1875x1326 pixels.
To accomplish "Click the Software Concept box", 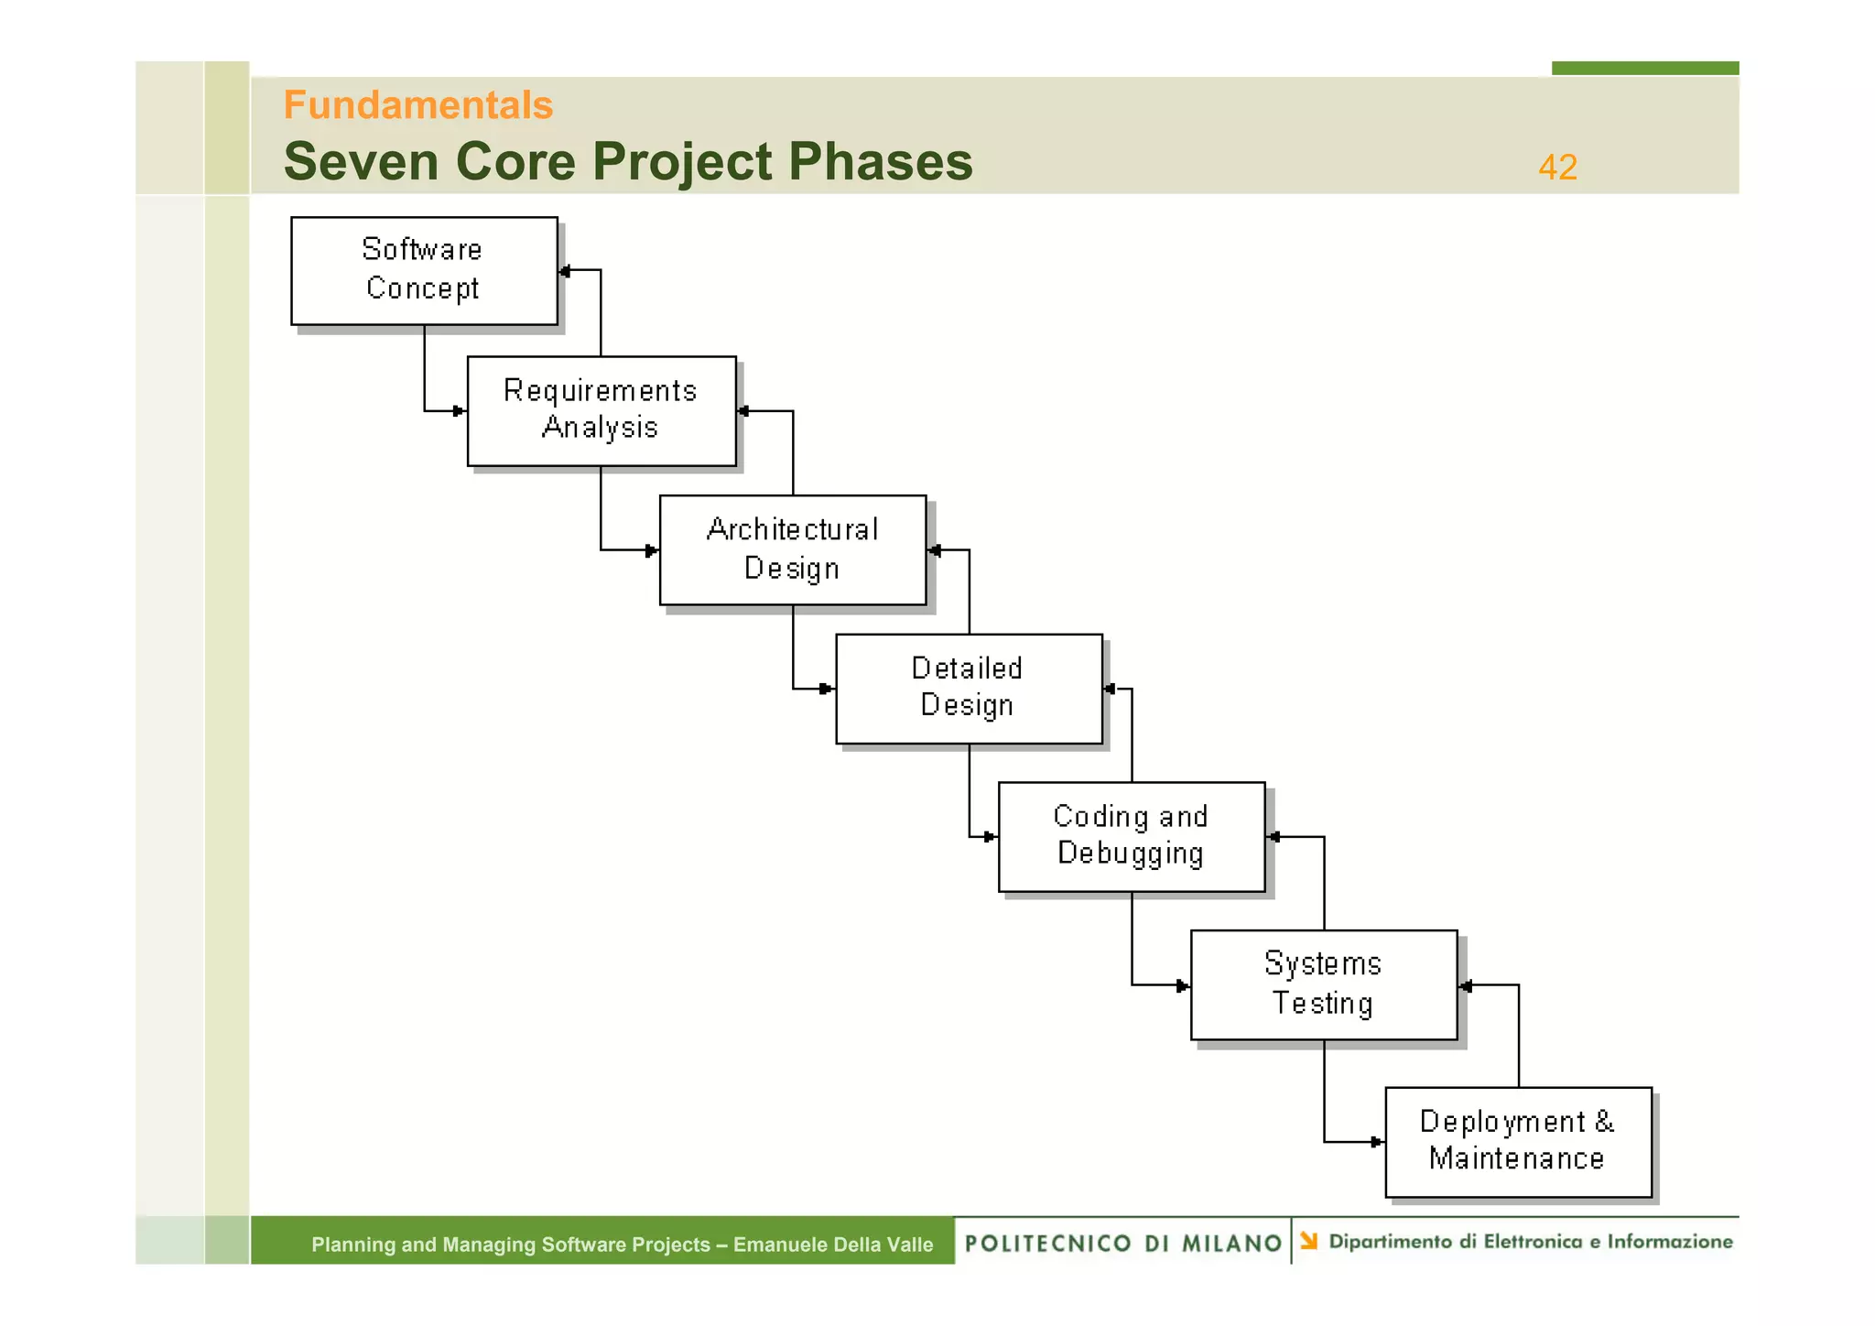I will [424, 270].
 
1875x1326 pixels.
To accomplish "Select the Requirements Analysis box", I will [602, 411].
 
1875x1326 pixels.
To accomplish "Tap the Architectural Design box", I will [793, 549].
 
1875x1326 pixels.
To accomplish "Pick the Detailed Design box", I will [969, 689].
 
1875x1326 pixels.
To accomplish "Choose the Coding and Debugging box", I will [1132, 836].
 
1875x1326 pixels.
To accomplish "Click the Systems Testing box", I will [1324, 984].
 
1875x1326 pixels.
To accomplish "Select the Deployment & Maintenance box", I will [1518, 1142].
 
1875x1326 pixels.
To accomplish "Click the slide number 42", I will [1557, 168].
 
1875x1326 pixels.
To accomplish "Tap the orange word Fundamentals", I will [418, 105].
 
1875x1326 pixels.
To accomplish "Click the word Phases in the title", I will [880, 162].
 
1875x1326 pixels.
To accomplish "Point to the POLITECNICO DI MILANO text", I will [1122, 1244].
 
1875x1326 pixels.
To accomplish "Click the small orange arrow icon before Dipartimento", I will [1309, 1241].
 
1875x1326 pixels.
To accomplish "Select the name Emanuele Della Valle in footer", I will [833, 1244].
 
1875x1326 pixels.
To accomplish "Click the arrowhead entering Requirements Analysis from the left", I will [459, 411].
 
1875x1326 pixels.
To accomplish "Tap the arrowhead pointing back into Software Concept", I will [565, 271].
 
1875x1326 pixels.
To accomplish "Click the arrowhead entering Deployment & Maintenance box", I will [1376, 1142].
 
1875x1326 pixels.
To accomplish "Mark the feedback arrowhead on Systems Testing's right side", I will [1466, 986].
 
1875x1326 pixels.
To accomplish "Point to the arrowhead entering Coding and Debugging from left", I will [990, 836].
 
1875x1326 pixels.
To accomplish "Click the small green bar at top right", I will [1644, 68].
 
